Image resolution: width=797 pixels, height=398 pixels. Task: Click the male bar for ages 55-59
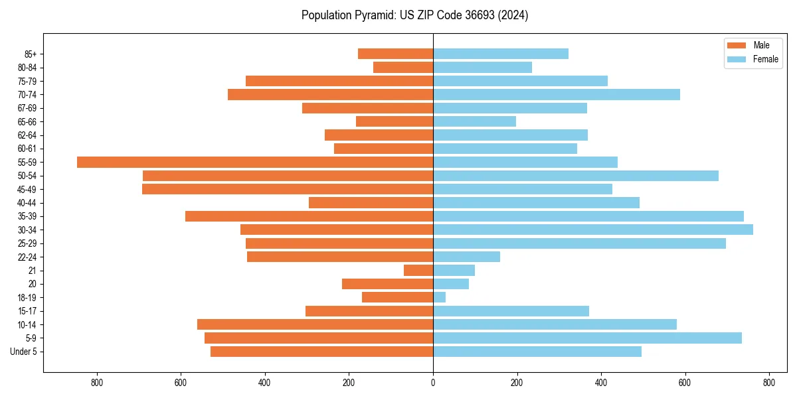[x=255, y=162]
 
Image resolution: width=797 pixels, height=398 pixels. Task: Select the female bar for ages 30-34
[x=593, y=230]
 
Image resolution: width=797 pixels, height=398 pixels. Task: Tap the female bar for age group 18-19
[x=440, y=297]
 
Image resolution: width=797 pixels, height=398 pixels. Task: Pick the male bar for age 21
[x=418, y=270]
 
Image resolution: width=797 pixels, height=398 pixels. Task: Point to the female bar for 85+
[x=501, y=54]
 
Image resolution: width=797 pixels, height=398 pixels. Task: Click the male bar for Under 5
[x=322, y=352]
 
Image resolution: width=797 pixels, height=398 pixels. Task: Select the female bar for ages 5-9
[x=587, y=338]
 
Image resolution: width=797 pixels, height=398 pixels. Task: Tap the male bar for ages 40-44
[x=371, y=202]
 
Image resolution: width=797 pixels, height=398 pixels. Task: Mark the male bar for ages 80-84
[x=403, y=67]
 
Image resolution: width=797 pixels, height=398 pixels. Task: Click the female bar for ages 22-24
[x=467, y=257]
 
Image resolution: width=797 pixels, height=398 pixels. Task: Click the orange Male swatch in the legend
[x=737, y=45]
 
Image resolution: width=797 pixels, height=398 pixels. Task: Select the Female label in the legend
[x=765, y=59]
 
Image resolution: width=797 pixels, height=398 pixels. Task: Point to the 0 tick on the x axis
[x=433, y=383]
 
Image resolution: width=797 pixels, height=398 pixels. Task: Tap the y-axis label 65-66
[x=27, y=121]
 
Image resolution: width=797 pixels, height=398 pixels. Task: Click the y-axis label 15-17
[x=27, y=311]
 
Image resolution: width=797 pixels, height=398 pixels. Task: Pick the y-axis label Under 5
[x=24, y=352]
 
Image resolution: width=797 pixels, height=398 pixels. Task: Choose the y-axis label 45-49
[x=27, y=189]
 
